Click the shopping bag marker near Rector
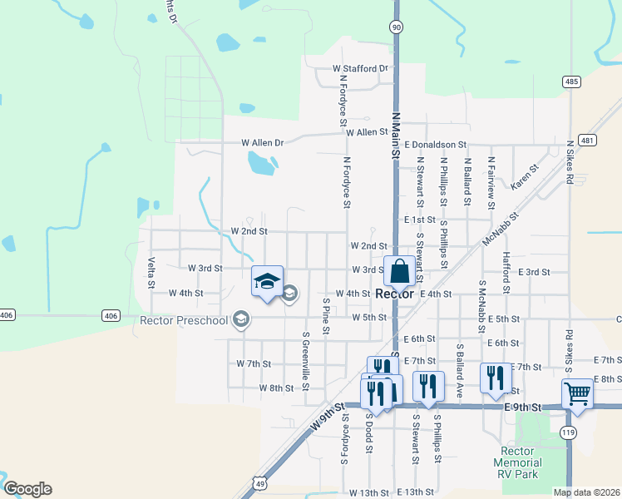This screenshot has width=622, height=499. coord(399,272)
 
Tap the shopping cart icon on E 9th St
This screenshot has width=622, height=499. coord(577,393)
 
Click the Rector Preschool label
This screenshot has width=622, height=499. coord(184,320)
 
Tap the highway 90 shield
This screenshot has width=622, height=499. coord(396,27)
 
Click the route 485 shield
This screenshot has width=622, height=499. coord(570,82)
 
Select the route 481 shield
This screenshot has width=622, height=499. coord(588,141)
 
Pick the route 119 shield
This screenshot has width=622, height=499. coord(569,432)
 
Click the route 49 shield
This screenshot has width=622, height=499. coord(260,482)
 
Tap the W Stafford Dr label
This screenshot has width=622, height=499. coord(360,68)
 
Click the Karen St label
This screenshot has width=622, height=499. coord(525,177)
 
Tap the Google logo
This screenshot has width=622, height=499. coord(27,489)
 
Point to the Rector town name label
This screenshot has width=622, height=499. coord(395,294)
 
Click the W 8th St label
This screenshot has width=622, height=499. coord(276,388)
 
